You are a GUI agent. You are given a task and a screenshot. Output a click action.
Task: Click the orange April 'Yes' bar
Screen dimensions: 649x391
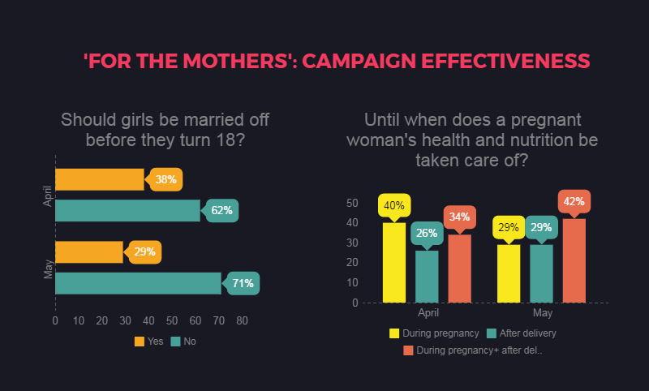coord(100,179)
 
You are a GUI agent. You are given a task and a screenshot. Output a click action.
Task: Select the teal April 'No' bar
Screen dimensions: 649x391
coord(128,211)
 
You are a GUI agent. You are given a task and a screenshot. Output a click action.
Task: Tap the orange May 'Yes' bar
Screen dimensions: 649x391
coord(89,252)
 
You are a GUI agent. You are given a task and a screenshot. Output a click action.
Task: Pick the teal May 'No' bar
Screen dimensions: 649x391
coord(138,283)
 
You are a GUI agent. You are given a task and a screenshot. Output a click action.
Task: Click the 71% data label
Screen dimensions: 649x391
coord(241,283)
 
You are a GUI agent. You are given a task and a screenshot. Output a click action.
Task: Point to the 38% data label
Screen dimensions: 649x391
coord(165,179)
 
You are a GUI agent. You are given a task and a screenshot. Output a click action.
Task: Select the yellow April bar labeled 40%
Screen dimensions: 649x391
coord(394,263)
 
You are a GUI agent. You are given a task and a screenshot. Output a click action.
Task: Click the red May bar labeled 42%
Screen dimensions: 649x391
coord(574,260)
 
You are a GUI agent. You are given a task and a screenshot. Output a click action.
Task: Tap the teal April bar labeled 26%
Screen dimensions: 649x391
coord(427,277)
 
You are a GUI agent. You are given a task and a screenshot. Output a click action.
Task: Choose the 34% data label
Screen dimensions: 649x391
coord(459,217)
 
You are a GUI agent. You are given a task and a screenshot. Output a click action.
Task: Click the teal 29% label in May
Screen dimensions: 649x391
coord(541,228)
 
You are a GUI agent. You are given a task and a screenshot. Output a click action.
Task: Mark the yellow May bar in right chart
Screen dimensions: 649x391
coord(509,274)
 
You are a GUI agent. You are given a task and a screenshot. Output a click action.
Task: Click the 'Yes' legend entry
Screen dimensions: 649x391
coord(149,342)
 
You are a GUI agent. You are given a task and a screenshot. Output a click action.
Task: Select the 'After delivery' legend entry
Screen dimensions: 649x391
coord(522,333)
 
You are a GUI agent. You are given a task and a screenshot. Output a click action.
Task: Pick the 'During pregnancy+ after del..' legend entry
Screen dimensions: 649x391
coord(473,350)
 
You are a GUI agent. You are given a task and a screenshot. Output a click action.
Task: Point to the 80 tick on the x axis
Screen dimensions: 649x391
coord(242,320)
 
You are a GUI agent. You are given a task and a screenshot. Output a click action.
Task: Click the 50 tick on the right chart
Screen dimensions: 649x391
coord(352,203)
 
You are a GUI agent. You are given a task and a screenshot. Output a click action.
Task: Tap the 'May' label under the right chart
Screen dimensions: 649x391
coord(542,313)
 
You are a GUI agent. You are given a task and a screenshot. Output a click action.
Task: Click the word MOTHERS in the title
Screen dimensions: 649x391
coord(235,61)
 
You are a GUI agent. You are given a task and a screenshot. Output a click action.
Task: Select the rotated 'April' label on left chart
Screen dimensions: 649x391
coord(48,196)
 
